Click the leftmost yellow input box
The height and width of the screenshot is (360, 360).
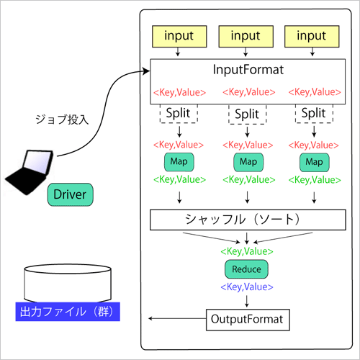pyautogui.click(x=179, y=35)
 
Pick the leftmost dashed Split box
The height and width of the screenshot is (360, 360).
pyautogui.click(x=179, y=113)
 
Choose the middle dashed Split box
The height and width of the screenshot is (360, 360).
pyautogui.click(x=246, y=113)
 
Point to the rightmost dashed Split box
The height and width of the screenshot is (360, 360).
pyautogui.click(x=313, y=113)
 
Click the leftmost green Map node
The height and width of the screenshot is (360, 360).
pyautogui.click(x=179, y=161)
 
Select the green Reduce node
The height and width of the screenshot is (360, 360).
pyautogui.click(x=246, y=269)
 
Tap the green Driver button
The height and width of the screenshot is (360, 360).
pyautogui.click(x=71, y=194)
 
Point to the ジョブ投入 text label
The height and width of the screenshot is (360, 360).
pyautogui.click(x=61, y=120)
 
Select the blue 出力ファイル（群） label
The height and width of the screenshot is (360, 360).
pyautogui.click(x=68, y=312)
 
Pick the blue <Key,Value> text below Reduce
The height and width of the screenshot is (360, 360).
pyautogui.click(x=246, y=287)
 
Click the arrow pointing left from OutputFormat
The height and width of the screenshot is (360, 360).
pyautogui.click(x=176, y=318)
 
